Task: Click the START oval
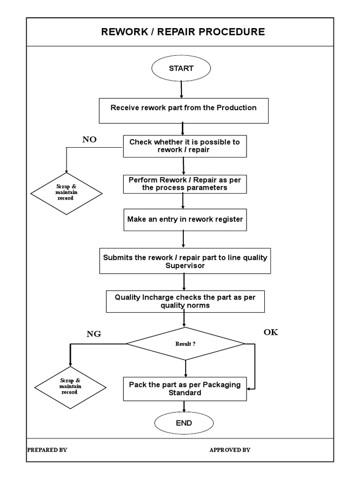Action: coord(181,68)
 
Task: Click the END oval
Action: coord(184,423)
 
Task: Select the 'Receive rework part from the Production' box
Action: coord(183,111)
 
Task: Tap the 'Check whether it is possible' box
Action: coord(184,146)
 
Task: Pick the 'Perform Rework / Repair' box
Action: coord(184,184)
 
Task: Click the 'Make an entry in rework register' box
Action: coord(185,219)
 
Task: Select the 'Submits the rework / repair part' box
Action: coord(185,261)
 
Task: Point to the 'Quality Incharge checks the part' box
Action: coord(185,301)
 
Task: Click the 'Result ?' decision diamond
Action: coord(186,344)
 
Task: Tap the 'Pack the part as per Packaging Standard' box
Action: coord(185,389)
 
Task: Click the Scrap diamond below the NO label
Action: coord(67,193)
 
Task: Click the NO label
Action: coord(90,140)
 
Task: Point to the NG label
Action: coord(94,334)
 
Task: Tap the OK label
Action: coord(270,332)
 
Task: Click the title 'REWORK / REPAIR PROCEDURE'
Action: coord(183,32)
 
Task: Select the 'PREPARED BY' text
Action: coord(47,450)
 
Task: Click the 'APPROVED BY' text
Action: coord(230,450)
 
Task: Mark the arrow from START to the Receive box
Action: coord(181,89)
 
